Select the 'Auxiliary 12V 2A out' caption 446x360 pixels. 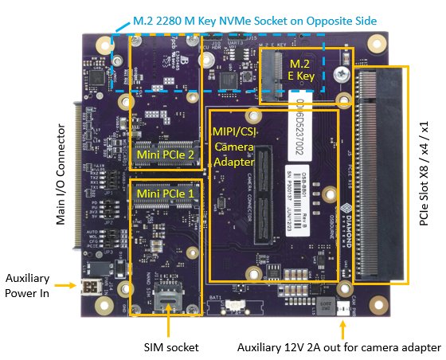coord(338,347)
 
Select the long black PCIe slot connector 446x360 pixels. coord(380,176)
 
